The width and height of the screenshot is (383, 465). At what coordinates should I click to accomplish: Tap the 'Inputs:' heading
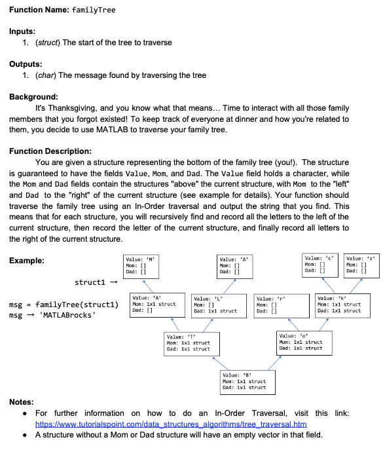[x=24, y=31]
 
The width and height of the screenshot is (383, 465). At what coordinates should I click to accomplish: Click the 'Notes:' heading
[x=23, y=401]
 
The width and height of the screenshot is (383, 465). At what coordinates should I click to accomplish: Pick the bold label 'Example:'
[x=27, y=261]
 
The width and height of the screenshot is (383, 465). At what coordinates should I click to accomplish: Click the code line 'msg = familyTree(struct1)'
[x=64, y=305]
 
